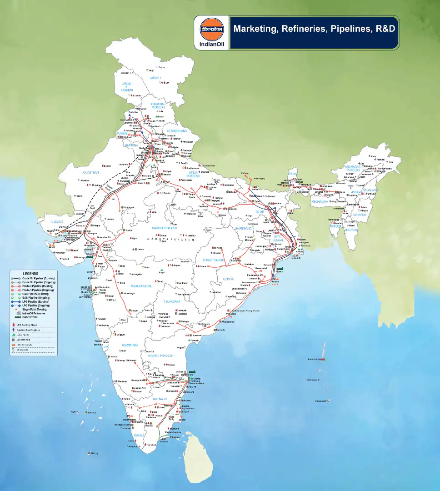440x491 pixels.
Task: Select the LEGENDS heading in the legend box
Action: pyautogui.click(x=30, y=274)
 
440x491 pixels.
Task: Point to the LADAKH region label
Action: pyautogui.click(x=155, y=78)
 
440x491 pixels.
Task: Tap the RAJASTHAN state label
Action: pyautogui.click(x=91, y=173)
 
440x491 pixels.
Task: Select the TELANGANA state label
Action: pyautogui.click(x=172, y=301)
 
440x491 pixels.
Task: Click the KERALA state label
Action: pyautogui.click(x=139, y=435)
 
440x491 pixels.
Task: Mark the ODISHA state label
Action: pyautogui.click(x=228, y=279)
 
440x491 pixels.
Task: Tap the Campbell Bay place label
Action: pyautogui.click(x=321, y=401)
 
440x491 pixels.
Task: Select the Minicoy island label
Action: pyautogui.click(x=94, y=453)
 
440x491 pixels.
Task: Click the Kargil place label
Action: pyautogui.click(x=151, y=70)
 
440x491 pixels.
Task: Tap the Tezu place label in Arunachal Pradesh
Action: pyautogui.click(x=390, y=162)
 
